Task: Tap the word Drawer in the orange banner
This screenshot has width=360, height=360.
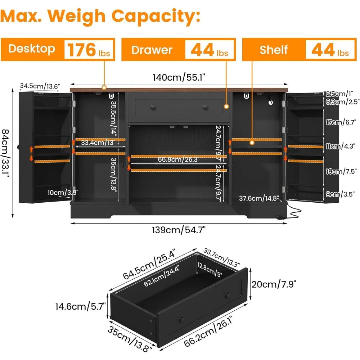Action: [152, 50]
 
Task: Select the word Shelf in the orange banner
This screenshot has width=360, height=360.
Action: [274, 50]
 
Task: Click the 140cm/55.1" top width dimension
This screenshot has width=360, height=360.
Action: [179, 77]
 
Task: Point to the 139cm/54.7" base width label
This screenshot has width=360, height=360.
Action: [179, 230]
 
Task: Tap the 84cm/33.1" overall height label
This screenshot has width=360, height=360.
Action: [5, 153]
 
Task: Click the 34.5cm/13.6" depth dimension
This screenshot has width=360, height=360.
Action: [40, 86]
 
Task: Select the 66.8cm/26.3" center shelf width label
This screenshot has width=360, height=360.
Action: [179, 159]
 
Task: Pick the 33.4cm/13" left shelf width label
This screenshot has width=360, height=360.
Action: [98, 143]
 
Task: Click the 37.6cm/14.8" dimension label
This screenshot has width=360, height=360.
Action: [259, 198]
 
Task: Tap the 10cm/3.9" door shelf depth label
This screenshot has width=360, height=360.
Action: [63, 192]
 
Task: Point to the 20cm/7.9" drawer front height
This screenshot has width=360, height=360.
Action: [274, 284]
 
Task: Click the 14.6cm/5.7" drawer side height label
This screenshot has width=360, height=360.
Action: [80, 306]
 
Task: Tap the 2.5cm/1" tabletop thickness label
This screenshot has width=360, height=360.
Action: [339, 94]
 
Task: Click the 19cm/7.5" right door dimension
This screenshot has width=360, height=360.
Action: [341, 171]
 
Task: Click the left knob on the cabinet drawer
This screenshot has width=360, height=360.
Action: [153, 107]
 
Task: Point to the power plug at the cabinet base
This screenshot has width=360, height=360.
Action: [280, 217]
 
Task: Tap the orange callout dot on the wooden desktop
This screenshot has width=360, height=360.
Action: [104, 87]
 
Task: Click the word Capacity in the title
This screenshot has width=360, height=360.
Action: [156, 17]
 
